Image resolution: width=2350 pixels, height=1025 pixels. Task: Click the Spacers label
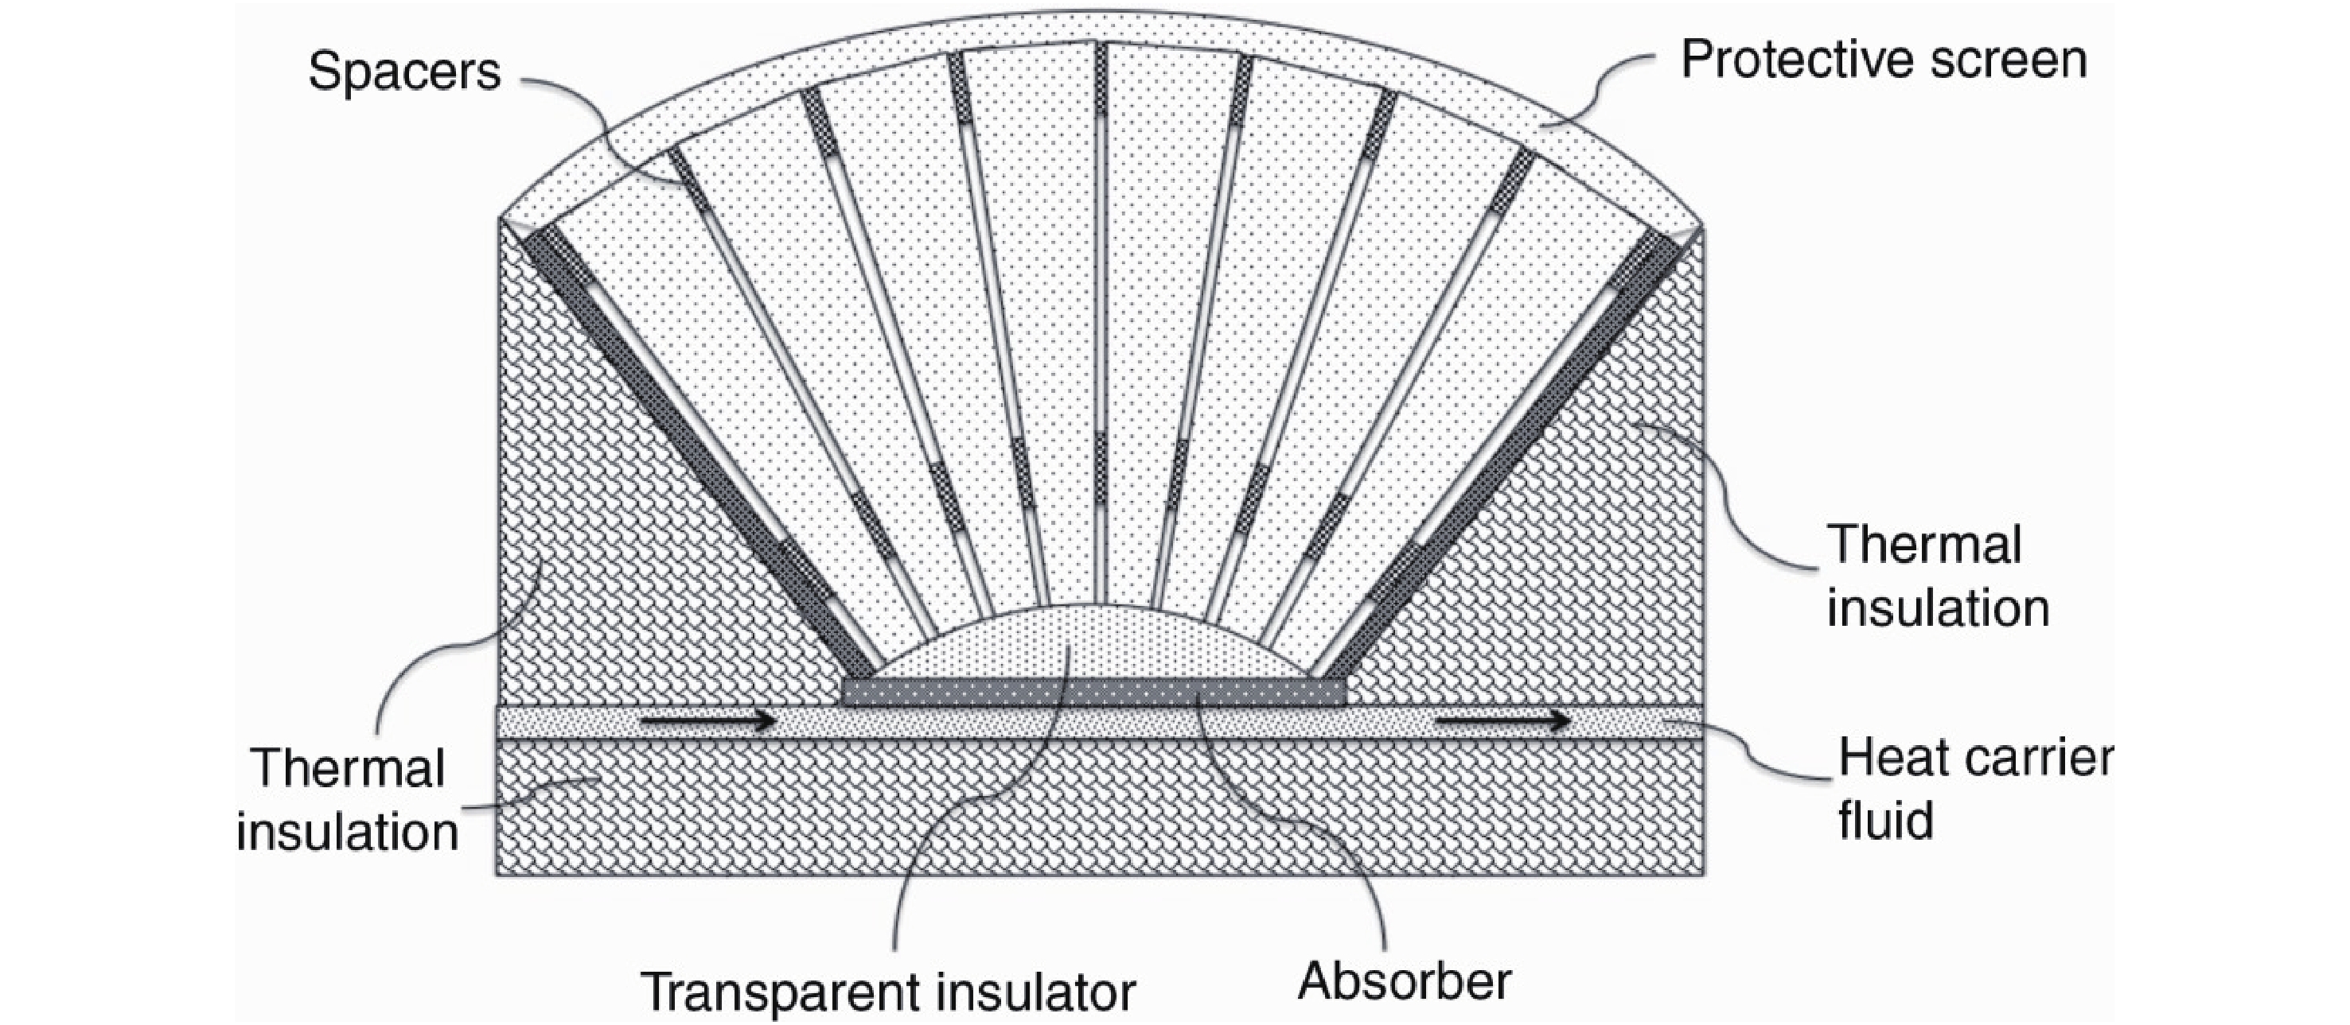(404, 71)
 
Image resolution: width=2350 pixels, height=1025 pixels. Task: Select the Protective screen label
(1884, 60)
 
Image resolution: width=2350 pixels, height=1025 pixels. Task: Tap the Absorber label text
(1405, 981)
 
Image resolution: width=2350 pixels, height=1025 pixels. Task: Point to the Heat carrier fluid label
(1975, 789)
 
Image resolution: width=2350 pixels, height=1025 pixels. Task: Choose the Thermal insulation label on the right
(1938, 577)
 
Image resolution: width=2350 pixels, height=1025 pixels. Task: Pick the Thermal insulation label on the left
(348, 800)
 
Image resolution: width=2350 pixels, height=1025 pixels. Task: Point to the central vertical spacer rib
(1101, 319)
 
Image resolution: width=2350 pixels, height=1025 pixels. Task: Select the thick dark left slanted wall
(693, 447)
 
